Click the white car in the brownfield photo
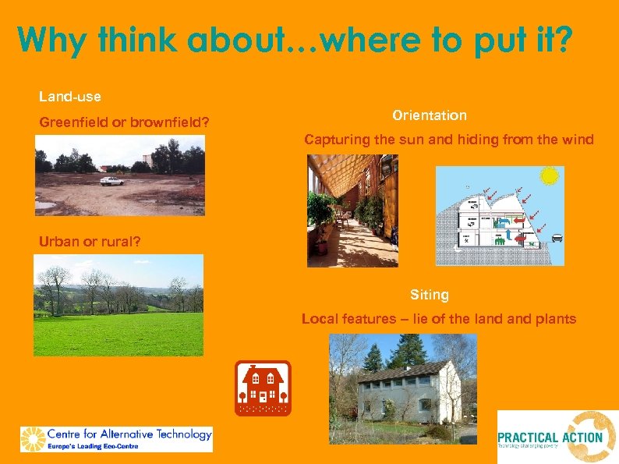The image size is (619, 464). [x=112, y=181]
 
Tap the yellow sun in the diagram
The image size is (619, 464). [x=550, y=175]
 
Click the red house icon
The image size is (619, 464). [x=263, y=388]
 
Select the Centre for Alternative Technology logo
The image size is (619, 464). [x=116, y=438]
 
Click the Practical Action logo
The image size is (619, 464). [x=557, y=437]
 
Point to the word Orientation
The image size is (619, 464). [x=430, y=115]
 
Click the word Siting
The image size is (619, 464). [x=430, y=295]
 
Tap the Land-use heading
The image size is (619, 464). [x=70, y=97]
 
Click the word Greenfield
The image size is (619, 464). [x=70, y=122]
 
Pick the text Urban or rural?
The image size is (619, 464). [x=90, y=241]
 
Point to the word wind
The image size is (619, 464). [x=578, y=140]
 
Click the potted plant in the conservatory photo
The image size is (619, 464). [x=320, y=230]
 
